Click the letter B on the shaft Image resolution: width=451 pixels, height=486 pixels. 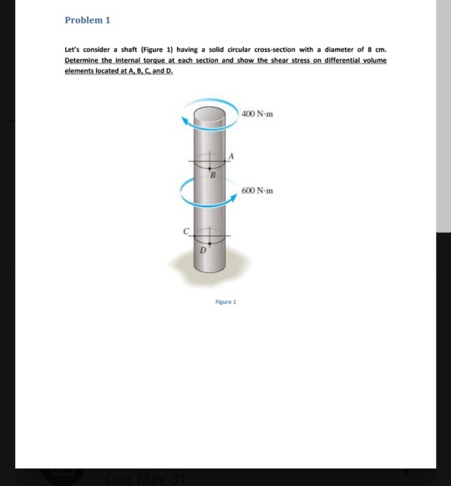211,175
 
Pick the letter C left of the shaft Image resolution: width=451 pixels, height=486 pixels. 188,230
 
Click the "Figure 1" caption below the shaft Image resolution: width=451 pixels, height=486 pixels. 225,301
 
